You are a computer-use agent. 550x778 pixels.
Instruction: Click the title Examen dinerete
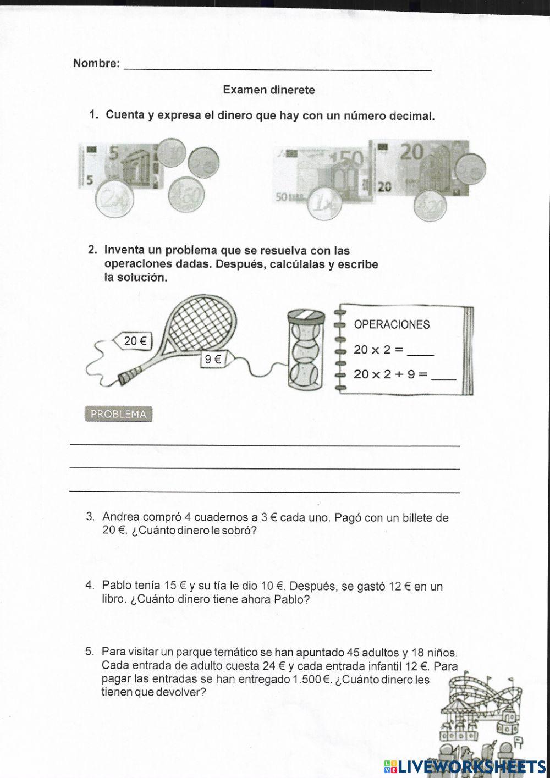[x=269, y=90]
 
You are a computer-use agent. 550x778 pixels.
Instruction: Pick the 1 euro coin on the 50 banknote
[x=325, y=205]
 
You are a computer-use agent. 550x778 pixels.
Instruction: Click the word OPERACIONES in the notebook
[x=392, y=324]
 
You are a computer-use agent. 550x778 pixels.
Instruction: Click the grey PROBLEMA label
[x=118, y=415]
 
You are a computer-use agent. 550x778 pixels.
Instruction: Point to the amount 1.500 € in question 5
[x=311, y=680]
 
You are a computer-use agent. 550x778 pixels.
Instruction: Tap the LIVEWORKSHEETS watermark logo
[x=465, y=766]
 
